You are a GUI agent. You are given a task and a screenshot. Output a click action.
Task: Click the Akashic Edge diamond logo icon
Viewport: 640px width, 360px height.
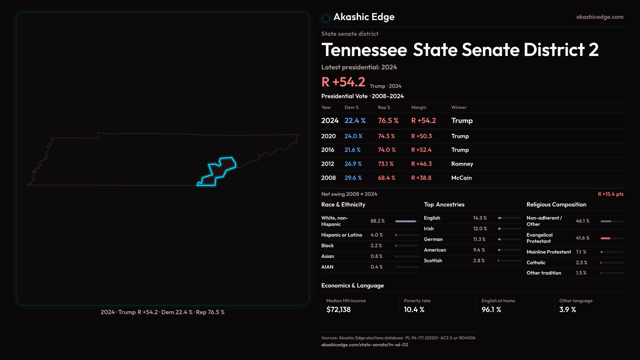pyautogui.click(x=326, y=18)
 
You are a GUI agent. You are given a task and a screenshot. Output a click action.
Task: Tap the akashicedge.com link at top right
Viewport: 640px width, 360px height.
pyautogui.click(x=600, y=17)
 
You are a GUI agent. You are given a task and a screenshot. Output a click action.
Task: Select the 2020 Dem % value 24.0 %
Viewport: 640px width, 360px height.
pyautogui.click(x=353, y=136)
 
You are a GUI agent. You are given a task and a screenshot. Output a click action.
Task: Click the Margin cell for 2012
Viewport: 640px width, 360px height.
pyautogui.click(x=421, y=164)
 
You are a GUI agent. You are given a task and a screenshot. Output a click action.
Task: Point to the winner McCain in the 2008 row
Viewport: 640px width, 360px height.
pyautogui.click(x=461, y=178)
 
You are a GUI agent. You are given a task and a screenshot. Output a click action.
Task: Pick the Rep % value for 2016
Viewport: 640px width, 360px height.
pyautogui.click(x=387, y=150)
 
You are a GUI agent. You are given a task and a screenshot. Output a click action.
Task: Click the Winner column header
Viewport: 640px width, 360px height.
pyautogui.click(x=459, y=107)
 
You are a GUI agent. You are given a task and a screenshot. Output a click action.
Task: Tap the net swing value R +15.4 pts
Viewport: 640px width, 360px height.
pyautogui.click(x=610, y=194)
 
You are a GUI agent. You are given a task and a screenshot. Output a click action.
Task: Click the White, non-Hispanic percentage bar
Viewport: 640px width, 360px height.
pyautogui.click(x=406, y=221)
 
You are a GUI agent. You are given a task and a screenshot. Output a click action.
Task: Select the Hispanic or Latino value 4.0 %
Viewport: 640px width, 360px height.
pyautogui.click(x=377, y=235)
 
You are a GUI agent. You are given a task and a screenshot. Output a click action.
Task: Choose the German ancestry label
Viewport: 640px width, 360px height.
pyautogui.click(x=433, y=239)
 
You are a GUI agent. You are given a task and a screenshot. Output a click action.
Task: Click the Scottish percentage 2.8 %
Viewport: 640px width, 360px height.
pyautogui.click(x=479, y=261)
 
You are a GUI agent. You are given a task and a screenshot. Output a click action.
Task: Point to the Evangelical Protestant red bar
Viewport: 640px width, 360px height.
pyautogui.click(x=605, y=238)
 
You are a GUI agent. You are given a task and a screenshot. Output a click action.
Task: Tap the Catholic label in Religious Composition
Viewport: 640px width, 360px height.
pyautogui.click(x=536, y=263)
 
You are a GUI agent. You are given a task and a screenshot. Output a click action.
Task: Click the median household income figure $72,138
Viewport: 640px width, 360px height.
pyautogui.click(x=338, y=310)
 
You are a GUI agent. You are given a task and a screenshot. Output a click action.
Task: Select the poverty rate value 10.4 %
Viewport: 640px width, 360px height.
pyautogui.click(x=414, y=310)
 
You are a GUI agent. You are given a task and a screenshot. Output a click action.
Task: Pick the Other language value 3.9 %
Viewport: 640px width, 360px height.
pyautogui.click(x=568, y=310)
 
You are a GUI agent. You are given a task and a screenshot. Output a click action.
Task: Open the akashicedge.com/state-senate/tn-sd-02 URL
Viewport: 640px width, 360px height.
pyautogui.click(x=364, y=345)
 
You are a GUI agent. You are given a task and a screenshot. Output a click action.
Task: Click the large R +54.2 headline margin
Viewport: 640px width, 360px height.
pyautogui.click(x=343, y=82)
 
